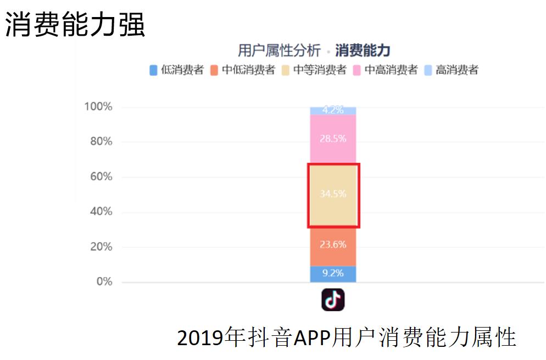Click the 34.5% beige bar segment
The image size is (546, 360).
click(333, 195)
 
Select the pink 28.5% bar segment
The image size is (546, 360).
click(333, 139)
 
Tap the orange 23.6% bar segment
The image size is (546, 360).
click(333, 246)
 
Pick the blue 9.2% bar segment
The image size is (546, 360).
click(333, 273)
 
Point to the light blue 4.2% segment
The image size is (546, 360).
click(333, 110)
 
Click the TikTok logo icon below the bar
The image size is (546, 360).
click(333, 300)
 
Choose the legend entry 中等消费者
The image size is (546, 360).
click(314, 70)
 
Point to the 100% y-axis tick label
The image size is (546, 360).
click(98, 107)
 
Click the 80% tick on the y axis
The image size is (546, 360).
click(101, 141)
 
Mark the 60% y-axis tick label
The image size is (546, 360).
click(101, 176)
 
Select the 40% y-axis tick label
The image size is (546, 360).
click(101, 212)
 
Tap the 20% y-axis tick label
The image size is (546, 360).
click(101, 247)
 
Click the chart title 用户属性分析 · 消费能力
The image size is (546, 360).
click(314, 51)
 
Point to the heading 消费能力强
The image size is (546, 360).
click(75, 25)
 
